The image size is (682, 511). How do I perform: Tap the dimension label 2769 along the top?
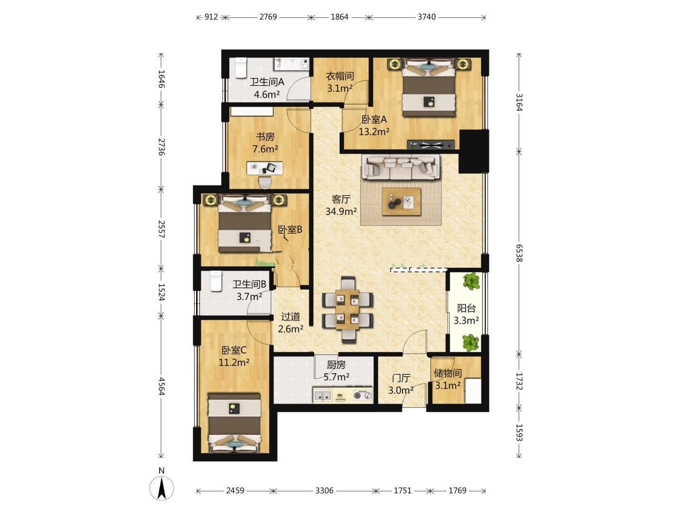pos(268,17)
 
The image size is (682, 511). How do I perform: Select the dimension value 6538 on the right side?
pos(519,253)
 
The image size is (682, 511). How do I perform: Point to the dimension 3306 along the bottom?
pos(324,491)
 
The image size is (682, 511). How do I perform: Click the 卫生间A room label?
pos(267,82)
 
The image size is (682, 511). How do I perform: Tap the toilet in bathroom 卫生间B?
pos(216,281)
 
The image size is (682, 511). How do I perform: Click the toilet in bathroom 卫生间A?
pos(241,67)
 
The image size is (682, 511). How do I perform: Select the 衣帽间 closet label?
pos(340,76)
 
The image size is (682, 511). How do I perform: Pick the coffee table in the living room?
pos(402,202)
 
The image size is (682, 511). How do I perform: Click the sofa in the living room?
pos(401,167)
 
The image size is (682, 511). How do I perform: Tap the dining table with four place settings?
pos(348,309)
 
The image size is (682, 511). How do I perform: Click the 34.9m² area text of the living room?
pos(341,211)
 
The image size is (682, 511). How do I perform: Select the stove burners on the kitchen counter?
pos(363,396)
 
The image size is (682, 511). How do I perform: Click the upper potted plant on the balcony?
pos(471,281)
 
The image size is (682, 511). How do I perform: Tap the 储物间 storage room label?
pos(448,373)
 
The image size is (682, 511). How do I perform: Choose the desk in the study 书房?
pos(265,168)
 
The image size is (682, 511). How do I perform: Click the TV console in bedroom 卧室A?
pos(431,145)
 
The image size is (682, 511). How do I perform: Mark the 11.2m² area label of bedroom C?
pos(234,362)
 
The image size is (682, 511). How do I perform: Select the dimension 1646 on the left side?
pos(161,79)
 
